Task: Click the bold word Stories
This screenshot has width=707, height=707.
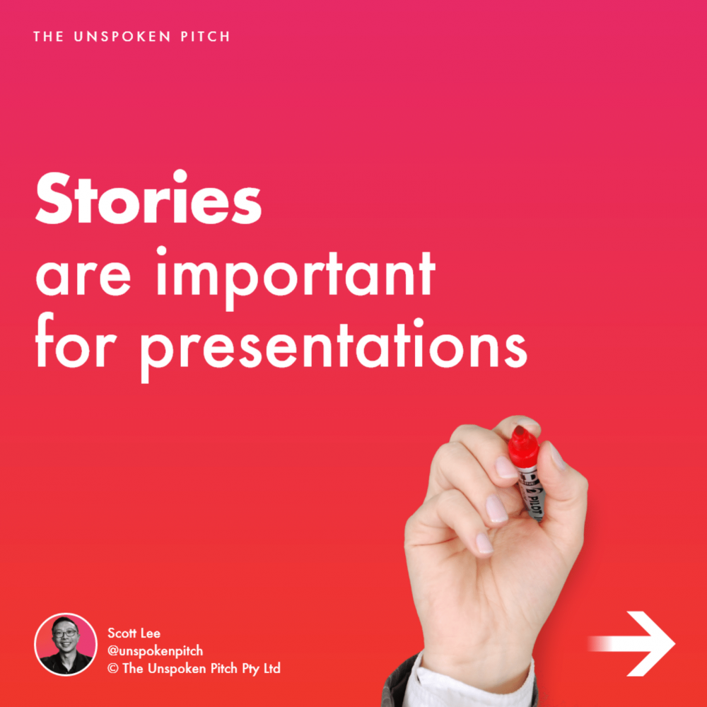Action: click(148, 197)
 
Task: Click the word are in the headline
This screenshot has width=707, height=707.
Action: click(83, 277)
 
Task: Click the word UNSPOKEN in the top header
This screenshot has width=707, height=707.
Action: click(122, 37)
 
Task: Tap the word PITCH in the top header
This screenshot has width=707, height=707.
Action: click(206, 37)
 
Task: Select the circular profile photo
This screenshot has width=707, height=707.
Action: click(66, 644)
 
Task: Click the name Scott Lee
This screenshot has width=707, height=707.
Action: click(134, 633)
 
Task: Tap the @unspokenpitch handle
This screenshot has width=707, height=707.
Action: click(155, 651)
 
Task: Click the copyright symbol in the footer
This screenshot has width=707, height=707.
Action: click(113, 669)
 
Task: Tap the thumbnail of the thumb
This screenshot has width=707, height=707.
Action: click(556, 456)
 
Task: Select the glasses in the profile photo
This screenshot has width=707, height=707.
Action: click(65, 633)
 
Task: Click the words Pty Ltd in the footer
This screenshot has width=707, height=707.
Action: click(261, 669)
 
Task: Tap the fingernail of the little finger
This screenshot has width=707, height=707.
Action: click(485, 543)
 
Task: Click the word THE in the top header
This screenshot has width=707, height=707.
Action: click(48, 37)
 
